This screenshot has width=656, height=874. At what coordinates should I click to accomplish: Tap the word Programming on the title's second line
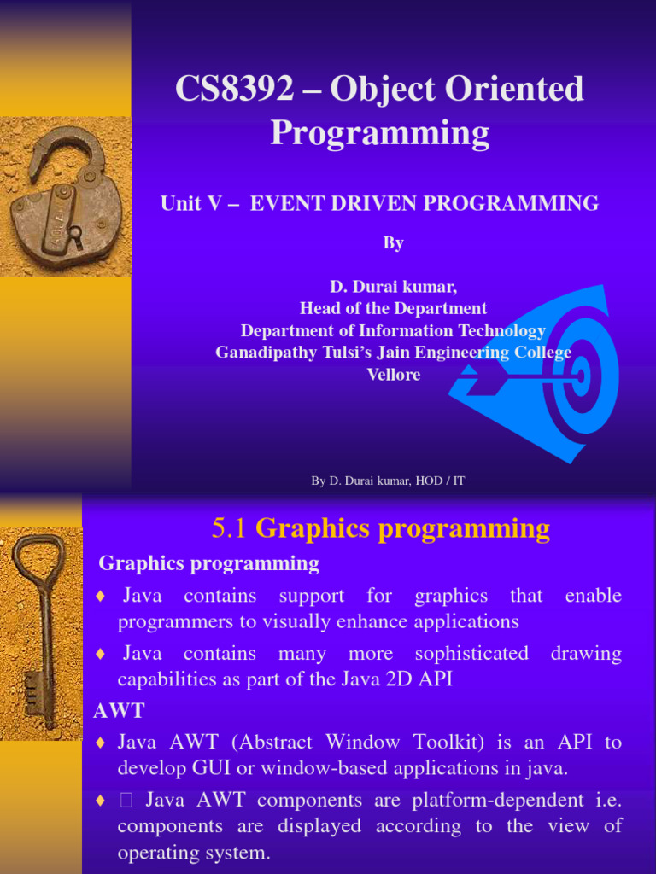[x=379, y=134]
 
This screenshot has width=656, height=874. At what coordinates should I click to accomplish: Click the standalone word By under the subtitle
[x=393, y=243]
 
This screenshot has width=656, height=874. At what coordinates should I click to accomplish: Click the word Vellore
[x=393, y=375]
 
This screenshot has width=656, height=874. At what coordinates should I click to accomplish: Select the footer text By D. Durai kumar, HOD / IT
[x=388, y=481]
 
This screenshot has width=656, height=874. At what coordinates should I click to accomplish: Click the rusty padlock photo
[x=67, y=201]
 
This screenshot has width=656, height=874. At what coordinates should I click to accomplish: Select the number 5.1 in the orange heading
[x=229, y=529]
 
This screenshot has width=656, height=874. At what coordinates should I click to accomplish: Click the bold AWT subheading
[x=119, y=711]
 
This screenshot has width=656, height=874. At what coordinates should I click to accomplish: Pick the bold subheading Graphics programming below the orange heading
[x=208, y=563]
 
